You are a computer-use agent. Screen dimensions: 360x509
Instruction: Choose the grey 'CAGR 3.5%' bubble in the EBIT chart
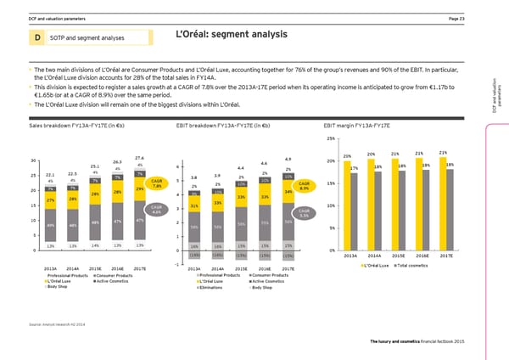[305, 213]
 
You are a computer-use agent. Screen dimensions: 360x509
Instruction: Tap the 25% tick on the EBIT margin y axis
[330, 138]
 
